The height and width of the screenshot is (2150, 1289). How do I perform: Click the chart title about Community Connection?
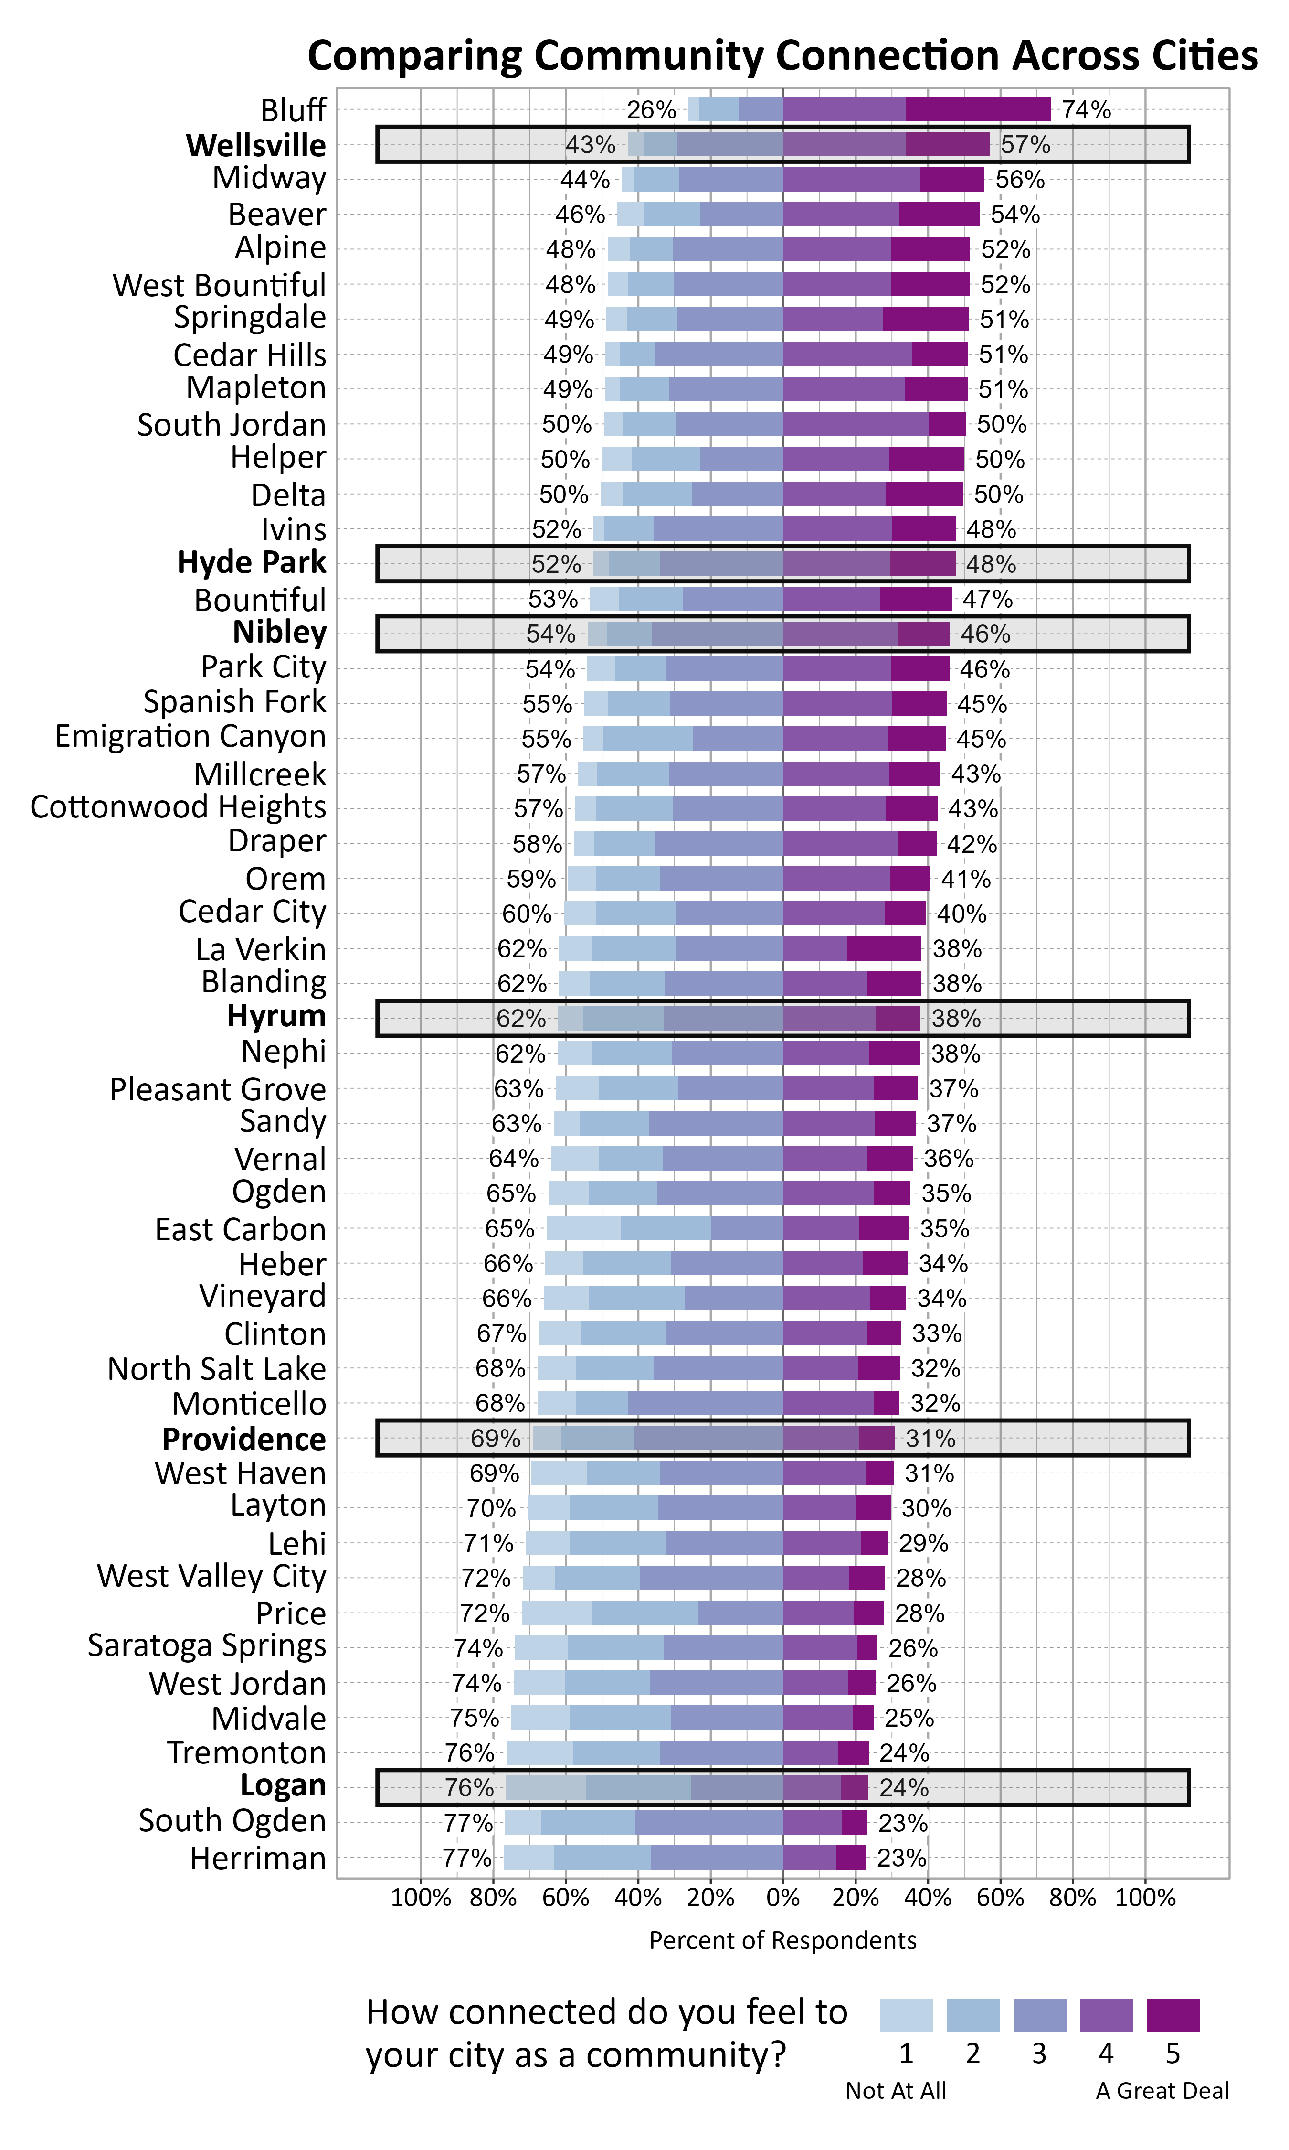coord(782,55)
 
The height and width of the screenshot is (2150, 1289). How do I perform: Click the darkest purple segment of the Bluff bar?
coord(977,109)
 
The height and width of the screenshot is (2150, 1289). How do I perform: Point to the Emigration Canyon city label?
coord(190,737)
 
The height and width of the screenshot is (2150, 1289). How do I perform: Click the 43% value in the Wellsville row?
coord(591,145)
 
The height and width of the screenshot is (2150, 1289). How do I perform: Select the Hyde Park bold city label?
coord(252,563)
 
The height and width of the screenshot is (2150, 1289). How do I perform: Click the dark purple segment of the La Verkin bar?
coord(883,949)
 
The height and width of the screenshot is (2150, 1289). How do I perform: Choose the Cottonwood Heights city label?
coord(178,807)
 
